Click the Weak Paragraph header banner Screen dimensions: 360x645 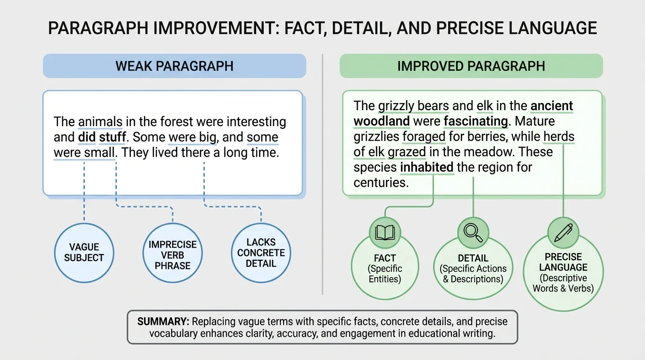tap(174, 66)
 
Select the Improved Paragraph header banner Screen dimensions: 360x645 tap(471, 66)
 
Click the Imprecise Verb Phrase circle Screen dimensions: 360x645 tap(172, 255)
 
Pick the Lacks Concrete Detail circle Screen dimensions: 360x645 tap(261, 253)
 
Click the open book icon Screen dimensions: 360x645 tap(385, 232)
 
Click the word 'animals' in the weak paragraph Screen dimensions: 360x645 tap(100, 122)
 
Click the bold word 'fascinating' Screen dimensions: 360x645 tap(476, 121)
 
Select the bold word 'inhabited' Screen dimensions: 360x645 tap(427, 167)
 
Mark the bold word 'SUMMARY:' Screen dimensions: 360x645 tap(163, 322)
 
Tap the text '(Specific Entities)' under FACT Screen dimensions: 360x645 tap(385, 274)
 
